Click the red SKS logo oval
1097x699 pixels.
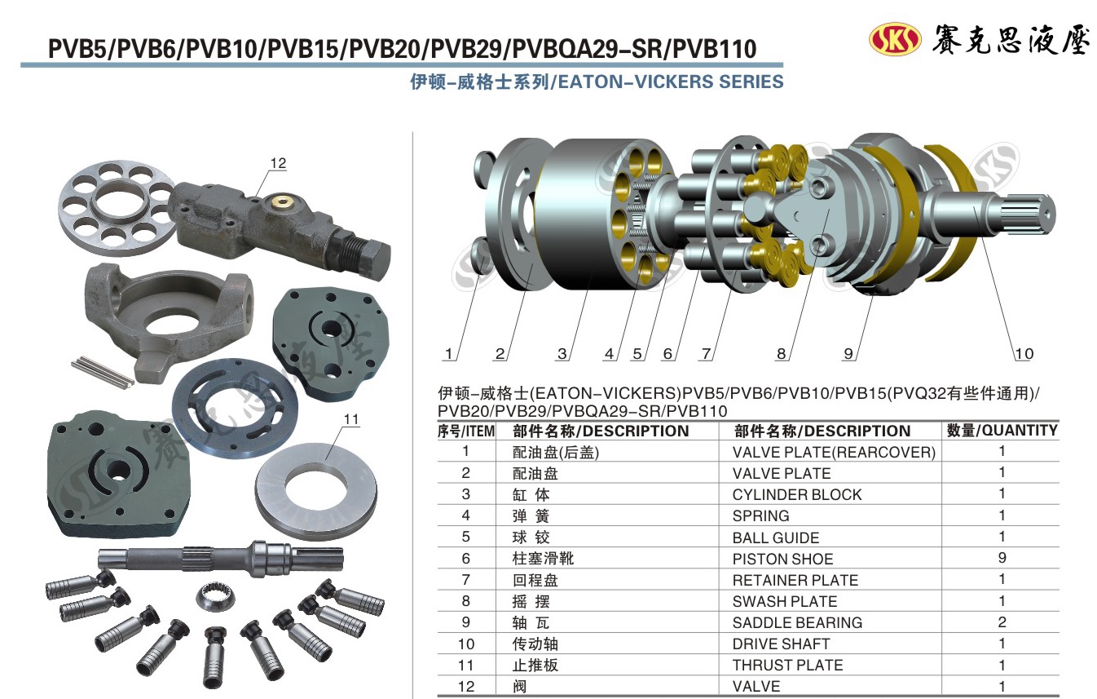tap(895, 38)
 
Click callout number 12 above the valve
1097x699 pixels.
tap(278, 163)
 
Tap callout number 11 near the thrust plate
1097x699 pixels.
tap(351, 419)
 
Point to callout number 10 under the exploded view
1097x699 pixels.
tap(1024, 353)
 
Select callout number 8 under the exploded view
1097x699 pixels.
tap(781, 353)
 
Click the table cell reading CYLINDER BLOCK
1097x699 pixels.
tap(797, 494)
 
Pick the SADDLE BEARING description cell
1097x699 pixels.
tap(797, 622)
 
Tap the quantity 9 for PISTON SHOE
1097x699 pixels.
tap(1002, 558)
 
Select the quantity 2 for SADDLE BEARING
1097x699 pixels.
tap(1002, 622)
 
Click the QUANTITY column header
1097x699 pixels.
tap(1002, 431)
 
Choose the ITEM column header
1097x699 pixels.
tap(465, 431)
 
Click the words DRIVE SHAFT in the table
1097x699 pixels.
tap(781, 644)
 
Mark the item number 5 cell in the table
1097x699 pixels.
tap(465, 537)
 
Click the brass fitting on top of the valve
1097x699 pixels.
tap(282, 201)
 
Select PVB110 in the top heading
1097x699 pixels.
tap(715, 49)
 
